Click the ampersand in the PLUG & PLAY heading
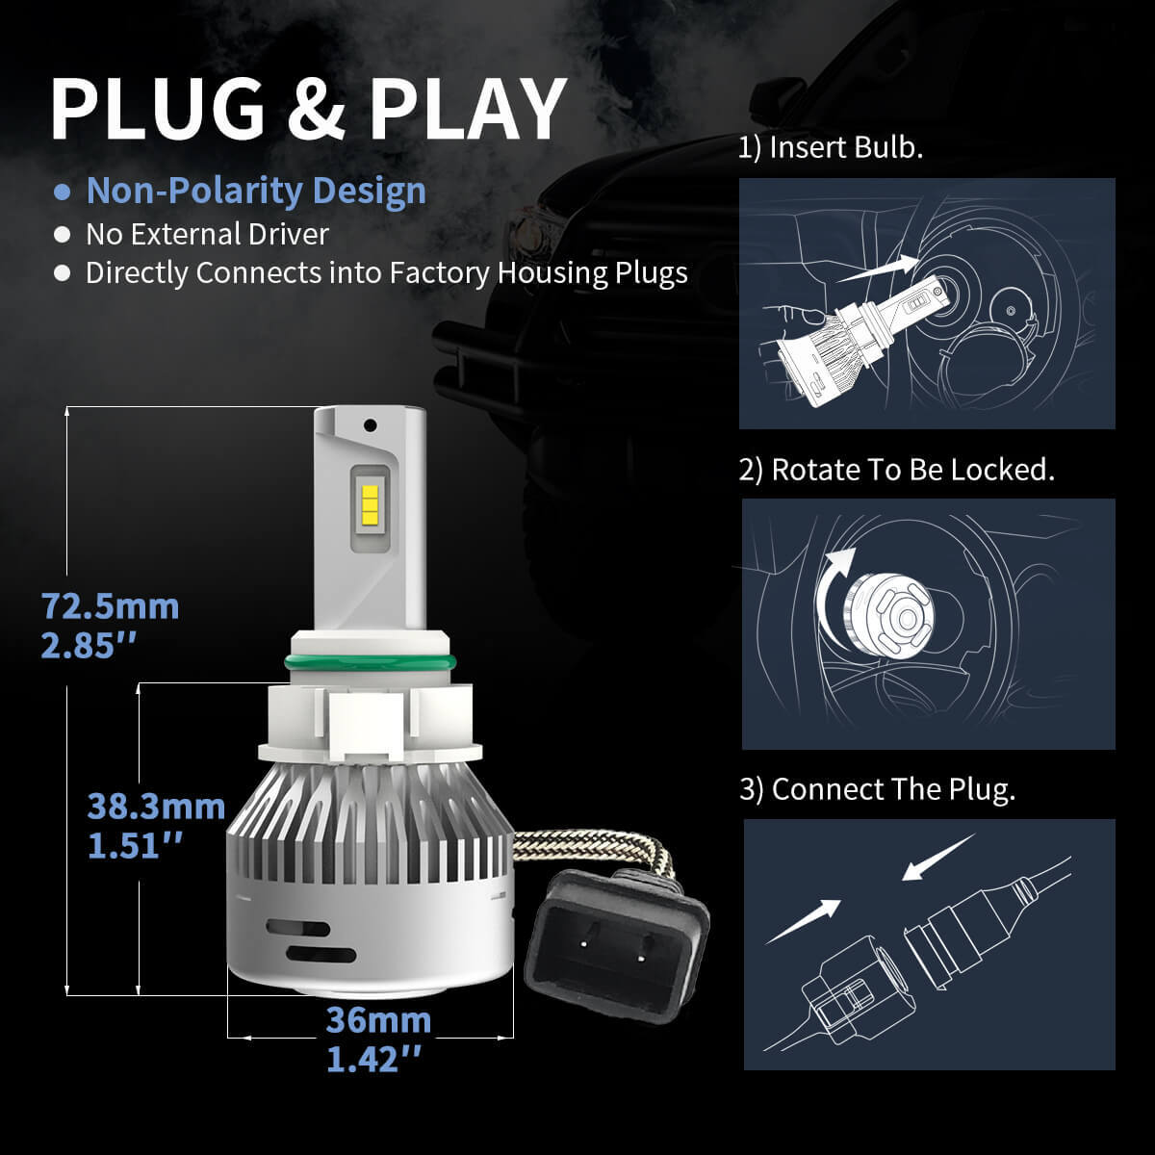[316, 108]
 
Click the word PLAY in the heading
[468, 108]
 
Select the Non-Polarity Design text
[256, 191]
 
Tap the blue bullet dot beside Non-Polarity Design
[63, 192]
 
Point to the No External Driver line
[207, 234]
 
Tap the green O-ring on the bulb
[370, 661]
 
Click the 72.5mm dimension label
[110, 606]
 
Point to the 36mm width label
[378, 1019]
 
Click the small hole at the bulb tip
[369, 423]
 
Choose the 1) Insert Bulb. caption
[831, 148]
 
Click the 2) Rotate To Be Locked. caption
[897, 470]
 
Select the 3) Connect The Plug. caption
[877, 789]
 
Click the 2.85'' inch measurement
[91, 646]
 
